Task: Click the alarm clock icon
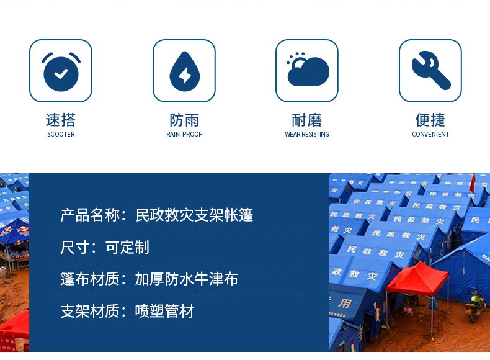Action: tap(61, 71)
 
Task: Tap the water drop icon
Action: tap(185, 71)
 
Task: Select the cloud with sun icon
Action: tap(308, 70)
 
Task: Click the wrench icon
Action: tap(431, 70)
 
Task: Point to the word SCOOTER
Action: tap(61, 134)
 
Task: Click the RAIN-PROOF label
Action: tap(184, 134)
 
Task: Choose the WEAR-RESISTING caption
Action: tap(307, 134)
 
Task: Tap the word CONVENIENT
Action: tap(430, 134)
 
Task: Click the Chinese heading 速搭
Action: tap(61, 120)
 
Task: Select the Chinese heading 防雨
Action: tap(184, 120)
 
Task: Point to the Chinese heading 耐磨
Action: tap(307, 120)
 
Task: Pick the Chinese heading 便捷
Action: tap(430, 120)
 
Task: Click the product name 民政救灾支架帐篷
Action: tap(194, 215)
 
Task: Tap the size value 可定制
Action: tap(127, 248)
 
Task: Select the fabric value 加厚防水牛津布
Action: tap(187, 279)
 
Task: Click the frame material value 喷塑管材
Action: tap(165, 311)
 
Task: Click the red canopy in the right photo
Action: tap(417, 280)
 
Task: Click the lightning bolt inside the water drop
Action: tap(185, 75)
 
